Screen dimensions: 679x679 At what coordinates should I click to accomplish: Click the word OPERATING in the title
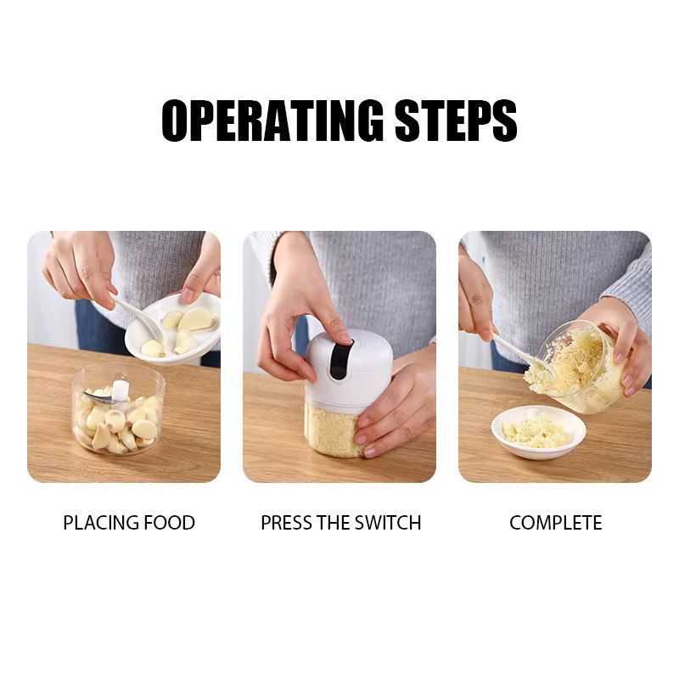[x=272, y=121]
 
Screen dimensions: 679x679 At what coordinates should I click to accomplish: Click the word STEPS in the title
[x=456, y=121]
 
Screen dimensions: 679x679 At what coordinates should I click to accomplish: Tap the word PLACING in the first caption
[x=100, y=523]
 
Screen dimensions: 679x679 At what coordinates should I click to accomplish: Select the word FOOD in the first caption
[x=169, y=523]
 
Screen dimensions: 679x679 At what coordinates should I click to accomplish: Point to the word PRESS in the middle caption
[x=286, y=523]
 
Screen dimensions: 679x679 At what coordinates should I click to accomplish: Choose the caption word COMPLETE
[x=556, y=523]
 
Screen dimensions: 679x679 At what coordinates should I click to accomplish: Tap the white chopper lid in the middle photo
[x=349, y=370]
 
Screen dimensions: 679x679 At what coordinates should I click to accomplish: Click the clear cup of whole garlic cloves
[x=118, y=410]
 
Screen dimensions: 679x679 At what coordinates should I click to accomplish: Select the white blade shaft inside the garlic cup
[x=121, y=394]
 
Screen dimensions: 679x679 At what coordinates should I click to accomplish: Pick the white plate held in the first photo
[x=173, y=328]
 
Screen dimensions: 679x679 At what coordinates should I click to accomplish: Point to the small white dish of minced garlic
[x=538, y=432]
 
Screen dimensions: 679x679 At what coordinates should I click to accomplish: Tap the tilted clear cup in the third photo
[x=578, y=366]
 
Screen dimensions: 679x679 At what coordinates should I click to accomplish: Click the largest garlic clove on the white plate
[x=196, y=319]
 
